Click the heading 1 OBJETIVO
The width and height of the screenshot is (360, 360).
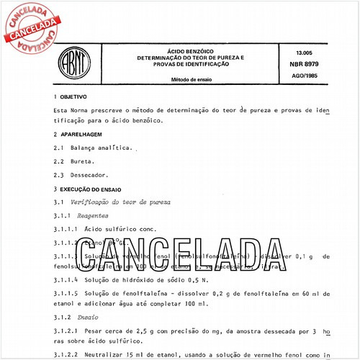tap(71, 96)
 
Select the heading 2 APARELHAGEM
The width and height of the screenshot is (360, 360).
tap(78, 134)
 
